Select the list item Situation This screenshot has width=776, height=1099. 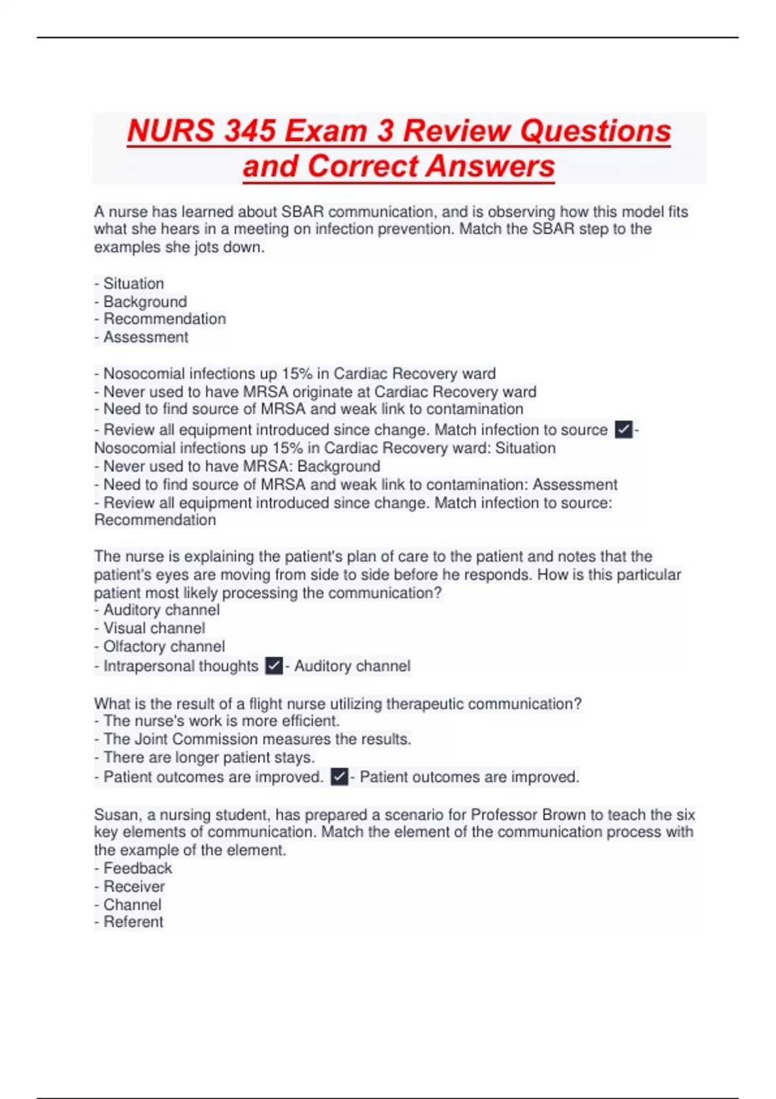pos(133,283)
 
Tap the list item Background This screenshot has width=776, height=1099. pos(145,301)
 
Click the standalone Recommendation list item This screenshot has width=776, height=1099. pos(164,319)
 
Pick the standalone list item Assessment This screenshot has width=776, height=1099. pos(145,337)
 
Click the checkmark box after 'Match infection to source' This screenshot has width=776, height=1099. pos(623,429)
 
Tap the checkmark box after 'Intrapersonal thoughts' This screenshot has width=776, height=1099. pos(274,665)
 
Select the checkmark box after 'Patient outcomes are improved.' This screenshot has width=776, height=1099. pos(339,776)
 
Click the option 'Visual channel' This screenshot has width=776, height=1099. pos(154,628)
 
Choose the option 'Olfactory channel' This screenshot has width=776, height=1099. pos(164,646)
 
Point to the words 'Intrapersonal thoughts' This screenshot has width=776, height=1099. pos(180,666)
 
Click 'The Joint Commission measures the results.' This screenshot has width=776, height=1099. pos(257,739)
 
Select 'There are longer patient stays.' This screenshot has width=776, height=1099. pos(209,757)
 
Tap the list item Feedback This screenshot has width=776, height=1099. pos(138,868)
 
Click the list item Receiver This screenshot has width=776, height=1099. pos(134,886)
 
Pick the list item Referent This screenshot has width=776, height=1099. pos(133,922)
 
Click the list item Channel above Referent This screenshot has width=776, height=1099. pos(132,904)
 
